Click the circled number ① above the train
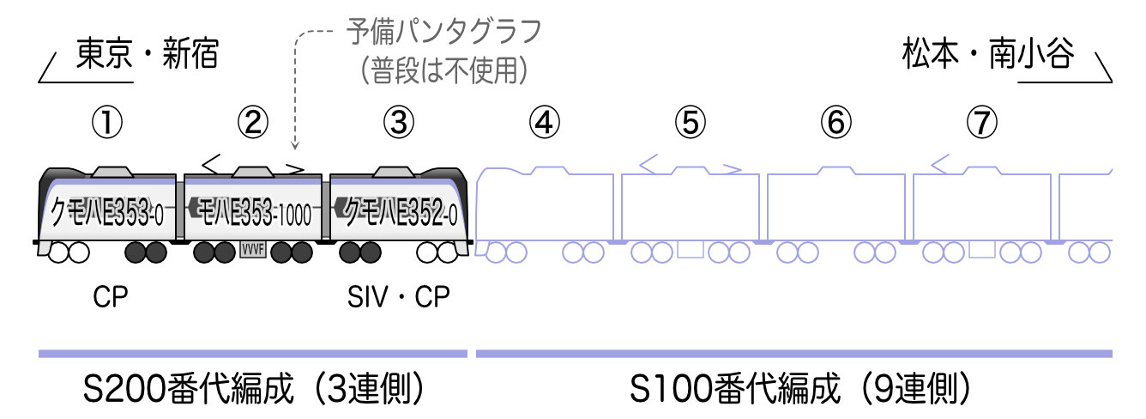(x=106, y=124)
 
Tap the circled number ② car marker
(x=252, y=124)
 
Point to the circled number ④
(x=545, y=124)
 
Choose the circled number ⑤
(x=690, y=124)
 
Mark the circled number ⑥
(x=835, y=124)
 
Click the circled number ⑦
(x=981, y=124)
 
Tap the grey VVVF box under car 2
(x=253, y=250)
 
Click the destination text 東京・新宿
(x=148, y=55)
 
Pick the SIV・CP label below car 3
(x=398, y=297)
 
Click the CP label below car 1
(x=111, y=297)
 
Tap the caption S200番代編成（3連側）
(x=254, y=390)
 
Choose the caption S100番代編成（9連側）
(x=801, y=390)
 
